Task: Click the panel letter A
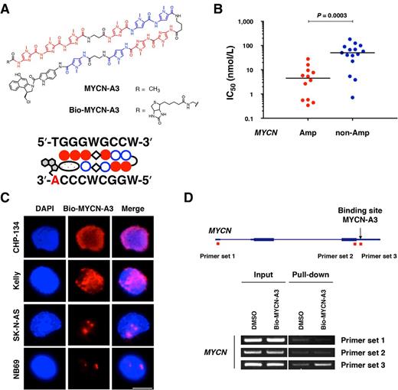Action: (8, 8)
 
